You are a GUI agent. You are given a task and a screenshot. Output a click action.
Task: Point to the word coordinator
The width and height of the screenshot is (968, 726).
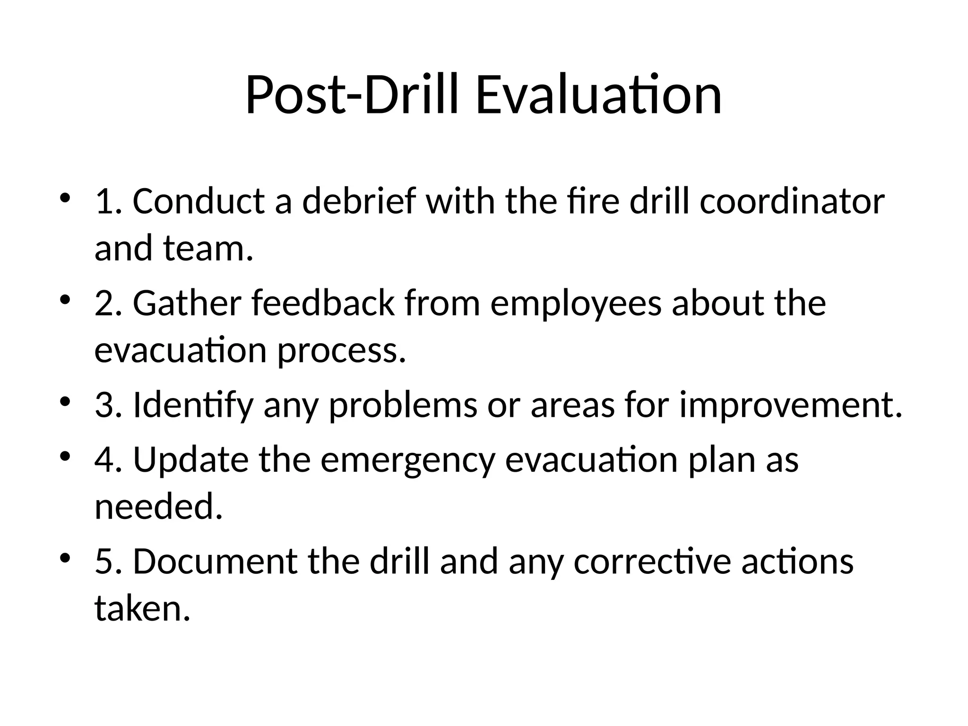tap(792, 201)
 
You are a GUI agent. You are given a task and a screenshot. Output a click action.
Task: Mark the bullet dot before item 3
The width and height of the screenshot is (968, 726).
tap(65, 401)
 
